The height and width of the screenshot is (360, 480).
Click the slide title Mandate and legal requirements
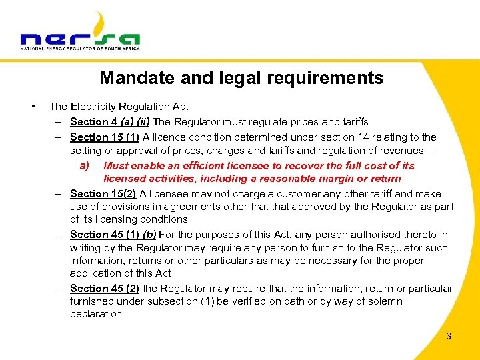click(x=241, y=78)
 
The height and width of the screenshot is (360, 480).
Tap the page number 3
click(x=449, y=336)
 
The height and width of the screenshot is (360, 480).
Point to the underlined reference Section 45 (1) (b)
click(x=112, y=235)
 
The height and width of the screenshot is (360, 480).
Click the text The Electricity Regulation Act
click(x=119, y=107)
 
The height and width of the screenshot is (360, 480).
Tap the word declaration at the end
click(x=96, y=314)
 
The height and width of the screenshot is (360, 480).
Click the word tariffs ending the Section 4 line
click(x=352, y=122)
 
